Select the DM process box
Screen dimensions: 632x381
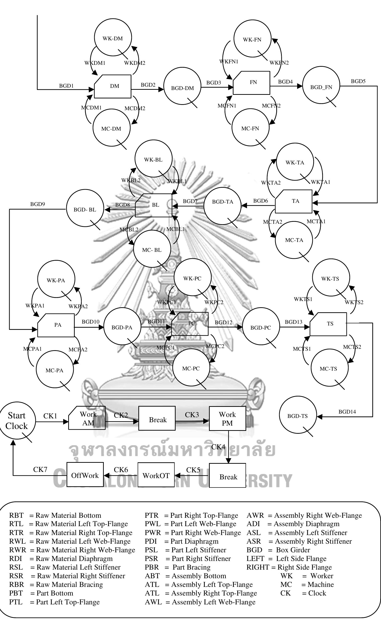[113, 86]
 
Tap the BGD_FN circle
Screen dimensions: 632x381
[321, 86]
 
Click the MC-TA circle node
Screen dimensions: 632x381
[294, 240]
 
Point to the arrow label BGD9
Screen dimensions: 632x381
[37, 204]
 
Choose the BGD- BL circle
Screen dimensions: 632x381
[85, 208]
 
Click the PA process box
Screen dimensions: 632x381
[56, 325]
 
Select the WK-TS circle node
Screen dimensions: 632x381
[331, 277]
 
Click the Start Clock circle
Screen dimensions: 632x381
[17, 420]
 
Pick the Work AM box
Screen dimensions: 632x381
[87, 418]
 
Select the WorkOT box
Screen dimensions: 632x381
[156, 475]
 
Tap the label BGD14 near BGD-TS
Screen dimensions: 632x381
[347, 412]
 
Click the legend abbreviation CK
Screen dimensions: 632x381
[285, 593]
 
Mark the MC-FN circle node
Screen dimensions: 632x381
[250, 128]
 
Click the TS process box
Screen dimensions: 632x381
[328, 324]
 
